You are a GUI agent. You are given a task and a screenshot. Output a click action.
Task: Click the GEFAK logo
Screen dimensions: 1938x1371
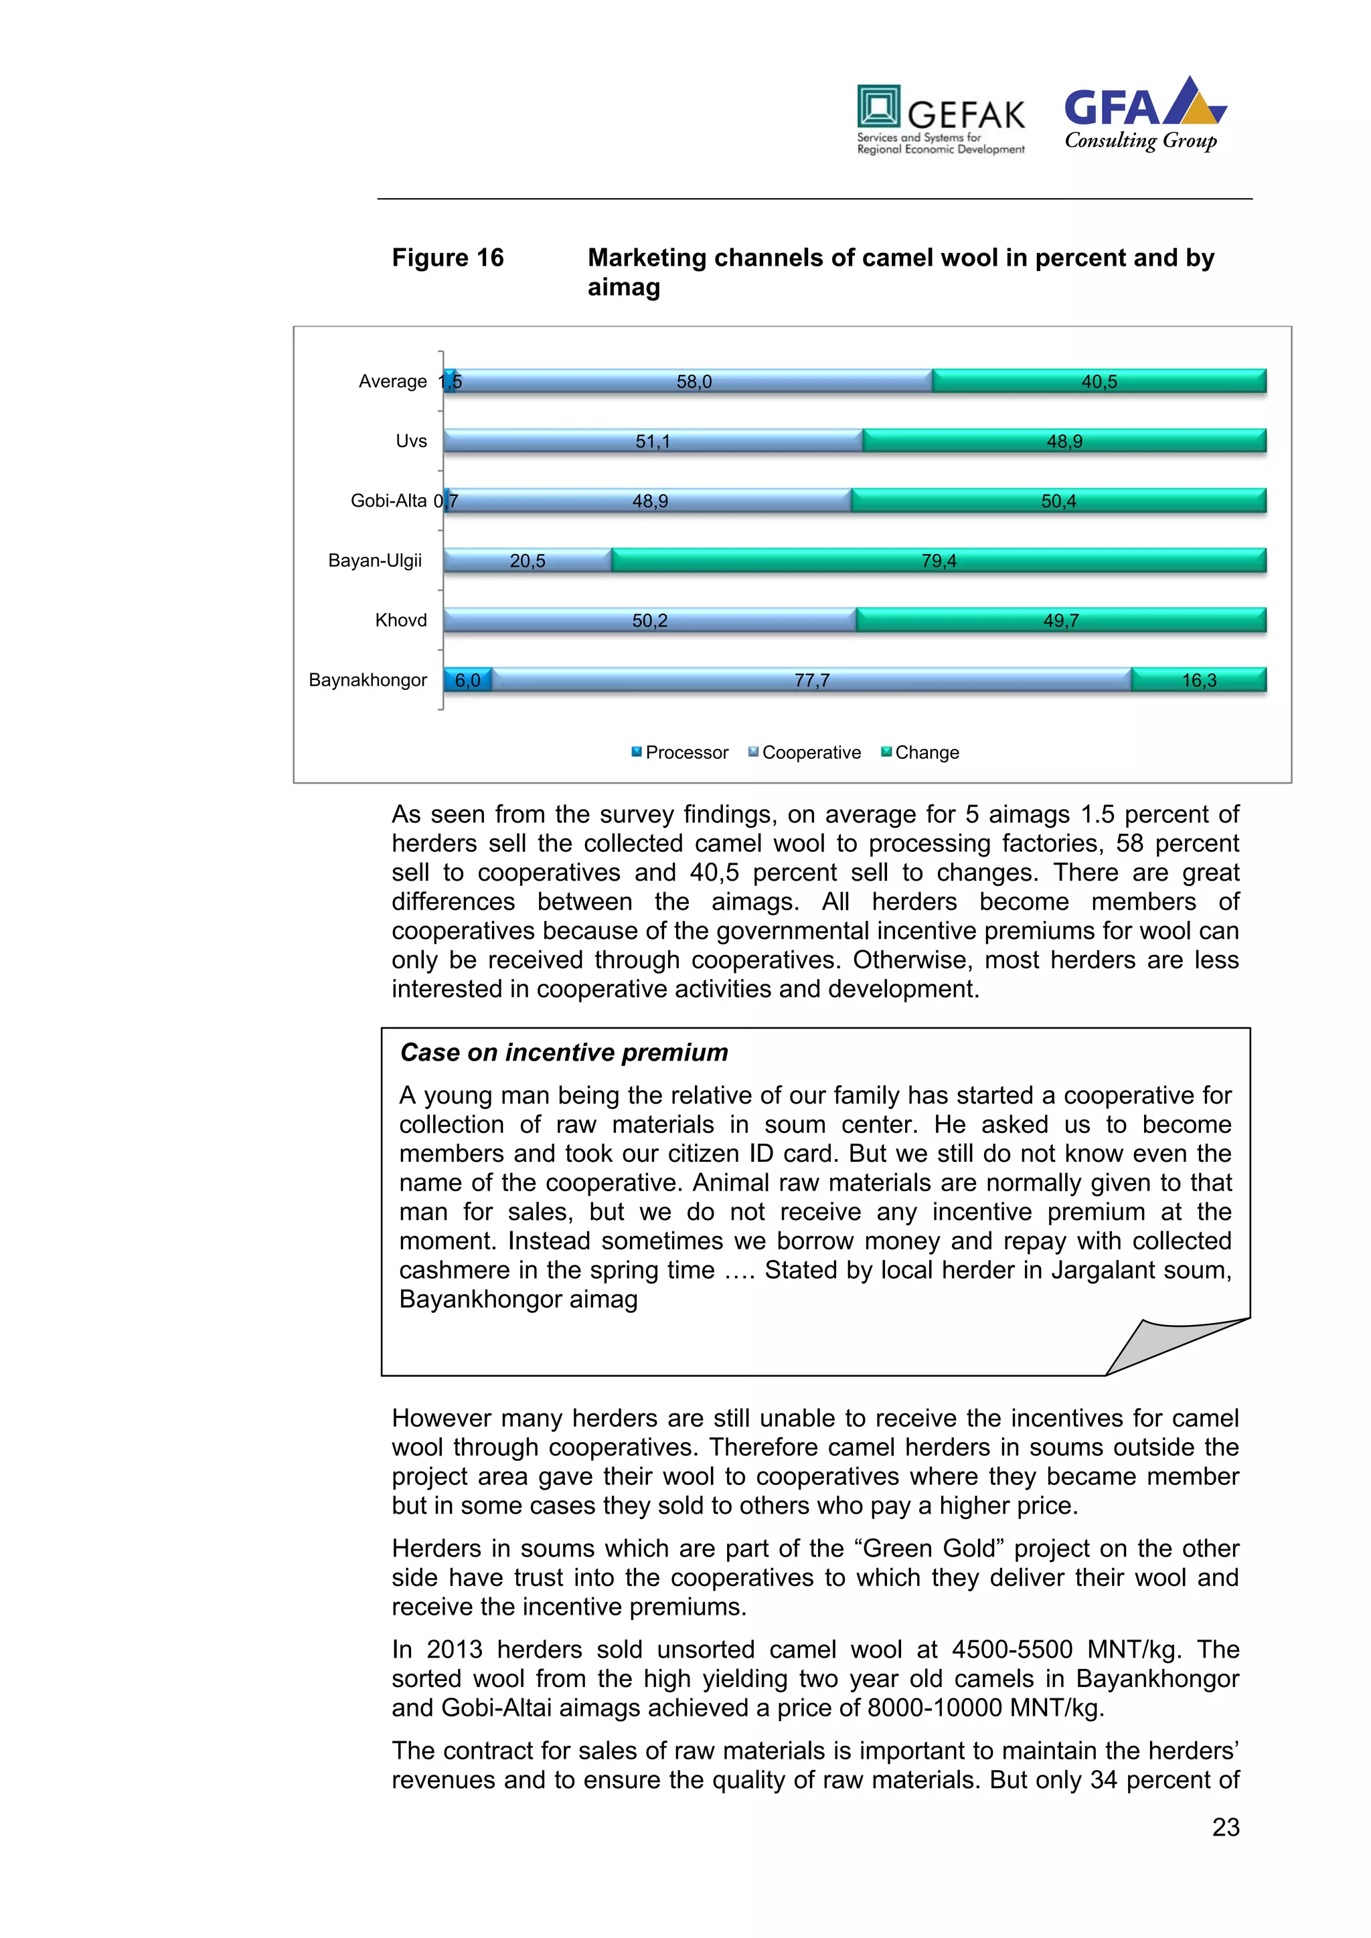click(941, 119)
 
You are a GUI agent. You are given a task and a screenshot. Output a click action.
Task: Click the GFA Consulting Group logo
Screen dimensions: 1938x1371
click(1144, 115)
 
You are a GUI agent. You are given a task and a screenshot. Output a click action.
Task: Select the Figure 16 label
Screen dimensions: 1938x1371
click(447, 258)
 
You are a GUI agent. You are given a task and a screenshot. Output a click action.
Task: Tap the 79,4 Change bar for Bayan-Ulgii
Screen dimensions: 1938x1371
click(939, 561)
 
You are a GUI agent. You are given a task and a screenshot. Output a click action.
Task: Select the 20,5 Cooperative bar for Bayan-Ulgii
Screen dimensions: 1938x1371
click(528, 561)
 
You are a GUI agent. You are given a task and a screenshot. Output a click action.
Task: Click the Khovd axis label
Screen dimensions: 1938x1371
click(401, 620)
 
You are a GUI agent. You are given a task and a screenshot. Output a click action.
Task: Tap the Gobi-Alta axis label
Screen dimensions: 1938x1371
click(388, 501)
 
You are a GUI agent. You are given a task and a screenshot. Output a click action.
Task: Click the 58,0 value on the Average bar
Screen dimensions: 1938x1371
click(694, 381)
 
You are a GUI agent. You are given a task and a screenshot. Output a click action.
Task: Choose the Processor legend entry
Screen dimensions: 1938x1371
click(679, 753)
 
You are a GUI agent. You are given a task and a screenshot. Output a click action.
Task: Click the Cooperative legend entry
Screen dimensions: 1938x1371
click(805, 753)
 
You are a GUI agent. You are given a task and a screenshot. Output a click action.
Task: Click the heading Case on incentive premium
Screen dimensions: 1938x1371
click(564, 1053)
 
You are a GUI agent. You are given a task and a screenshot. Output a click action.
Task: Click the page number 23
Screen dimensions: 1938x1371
click(1225, 1828)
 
